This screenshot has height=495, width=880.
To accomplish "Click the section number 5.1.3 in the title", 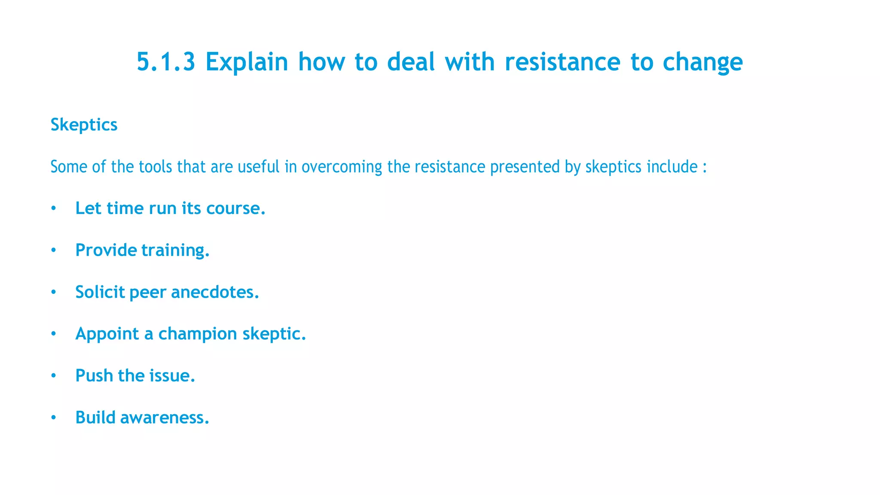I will (166, 62).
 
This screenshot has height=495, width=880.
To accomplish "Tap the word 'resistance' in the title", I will (562, 62).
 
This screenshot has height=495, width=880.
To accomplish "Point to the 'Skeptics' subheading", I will (84, 125).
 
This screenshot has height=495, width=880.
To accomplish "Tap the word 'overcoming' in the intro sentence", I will (342, 167).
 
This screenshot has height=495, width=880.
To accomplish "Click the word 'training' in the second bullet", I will (175, 251).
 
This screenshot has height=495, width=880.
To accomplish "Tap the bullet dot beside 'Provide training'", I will (53, 251).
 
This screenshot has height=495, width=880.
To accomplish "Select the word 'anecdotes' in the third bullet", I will (214, 292).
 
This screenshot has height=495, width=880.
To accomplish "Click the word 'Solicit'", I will (100, 292).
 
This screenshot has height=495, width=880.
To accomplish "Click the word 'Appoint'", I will (107, 334).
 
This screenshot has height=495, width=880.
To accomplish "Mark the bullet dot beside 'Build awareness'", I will (53, 418).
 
